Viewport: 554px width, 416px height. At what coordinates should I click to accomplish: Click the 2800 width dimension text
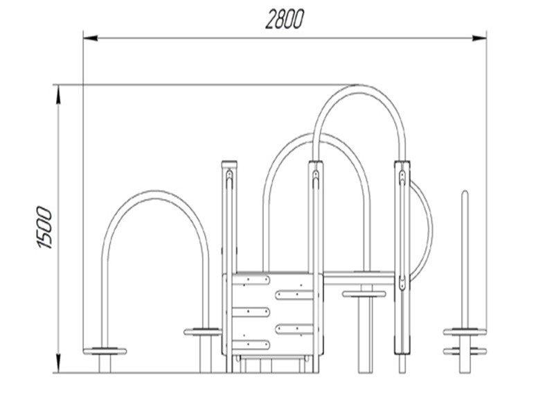(285, 19)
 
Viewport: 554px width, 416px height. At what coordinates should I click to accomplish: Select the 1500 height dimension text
(44, 228)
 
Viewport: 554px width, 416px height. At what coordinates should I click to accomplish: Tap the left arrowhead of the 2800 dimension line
(91, 38)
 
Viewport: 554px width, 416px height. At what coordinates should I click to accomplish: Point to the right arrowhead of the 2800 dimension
(479, 38)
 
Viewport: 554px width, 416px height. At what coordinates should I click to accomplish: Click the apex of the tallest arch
(359, 89)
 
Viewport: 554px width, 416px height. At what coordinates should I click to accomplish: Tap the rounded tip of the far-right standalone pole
(465, 193)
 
